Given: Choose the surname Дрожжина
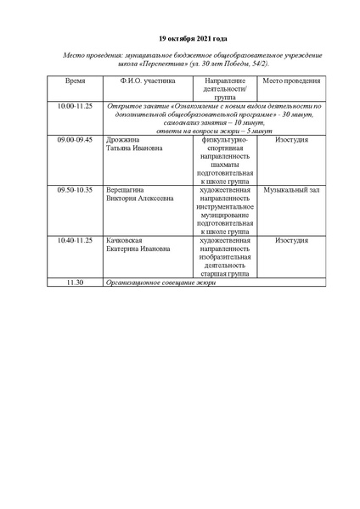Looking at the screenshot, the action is point(125,137).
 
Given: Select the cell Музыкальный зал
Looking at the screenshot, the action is point(290,190).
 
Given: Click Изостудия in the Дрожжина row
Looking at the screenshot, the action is point(290,137).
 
